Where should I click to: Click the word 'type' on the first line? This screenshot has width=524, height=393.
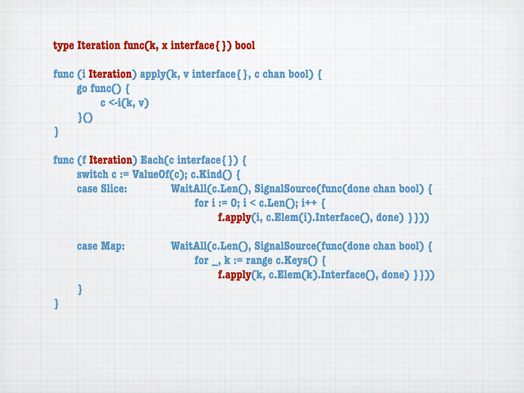click(x=63, y=46)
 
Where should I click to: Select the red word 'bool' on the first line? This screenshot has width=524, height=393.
click(x=245, y=46)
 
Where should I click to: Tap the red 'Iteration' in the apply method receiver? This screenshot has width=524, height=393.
click(x=110, y=74)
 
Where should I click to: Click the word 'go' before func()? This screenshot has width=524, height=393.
click(x=82, y=89)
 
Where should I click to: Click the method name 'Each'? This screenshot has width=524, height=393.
click(x=152, y=160)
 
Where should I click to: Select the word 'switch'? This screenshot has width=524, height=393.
click(x=93, y=174)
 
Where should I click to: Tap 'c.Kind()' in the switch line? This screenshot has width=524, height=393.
click(x=211, y=174)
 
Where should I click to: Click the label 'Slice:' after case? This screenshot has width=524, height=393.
click(x=114, y=189)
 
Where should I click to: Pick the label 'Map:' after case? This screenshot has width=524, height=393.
click(x=113, y=246)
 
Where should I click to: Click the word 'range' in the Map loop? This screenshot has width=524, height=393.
click(x=259, y=260)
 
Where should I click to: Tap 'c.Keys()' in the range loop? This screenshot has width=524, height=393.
click(x=297, y=260)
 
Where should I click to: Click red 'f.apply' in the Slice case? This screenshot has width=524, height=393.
click(x=234, y=217)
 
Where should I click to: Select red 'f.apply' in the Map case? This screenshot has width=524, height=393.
click(x=234, y=275)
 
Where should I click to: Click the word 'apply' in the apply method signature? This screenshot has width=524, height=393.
click(x=153, y=74)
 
